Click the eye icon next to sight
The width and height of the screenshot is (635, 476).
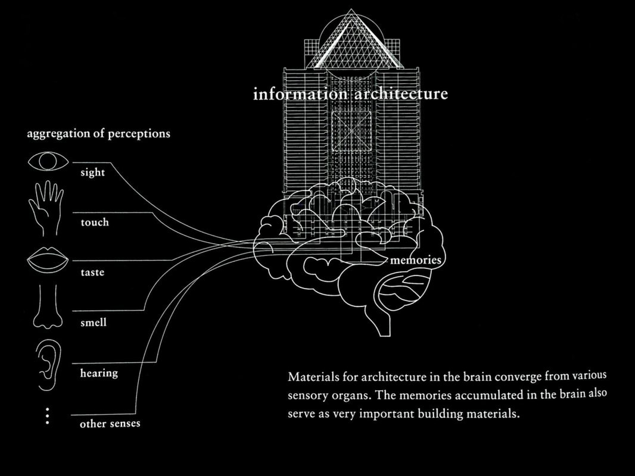(x=48, y=161)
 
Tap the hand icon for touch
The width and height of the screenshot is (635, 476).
(x=46, y=208)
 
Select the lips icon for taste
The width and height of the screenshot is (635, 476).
(x=48, y=259)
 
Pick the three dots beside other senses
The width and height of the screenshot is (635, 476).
(x=48, y=416)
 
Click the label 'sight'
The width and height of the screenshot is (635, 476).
(x=93, y=173)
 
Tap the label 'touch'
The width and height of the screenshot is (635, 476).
(x=95, y=222)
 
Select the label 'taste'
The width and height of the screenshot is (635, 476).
(x=92, y=272)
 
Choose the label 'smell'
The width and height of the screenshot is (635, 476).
(x=94, y=322)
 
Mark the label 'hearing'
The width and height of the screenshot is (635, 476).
(x=99, y=373)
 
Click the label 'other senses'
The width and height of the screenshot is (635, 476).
(x=110, y=424)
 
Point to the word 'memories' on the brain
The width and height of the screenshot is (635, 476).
(x=416, y=259)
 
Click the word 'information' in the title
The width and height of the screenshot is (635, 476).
(x=300, y=94)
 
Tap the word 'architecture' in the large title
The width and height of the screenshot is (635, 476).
(x=401, y=93)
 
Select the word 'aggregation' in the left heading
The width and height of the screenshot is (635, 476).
(x=58, y=134)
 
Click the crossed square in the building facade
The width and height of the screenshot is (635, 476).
(x=351, y=131)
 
